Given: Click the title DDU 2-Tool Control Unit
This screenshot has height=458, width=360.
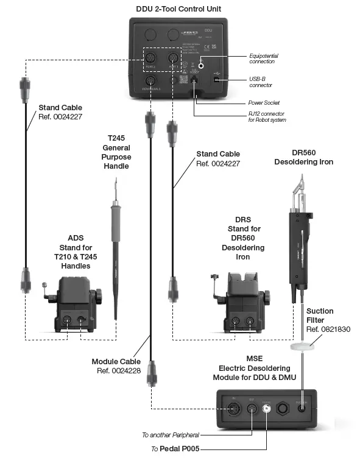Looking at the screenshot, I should (x=178, y=8).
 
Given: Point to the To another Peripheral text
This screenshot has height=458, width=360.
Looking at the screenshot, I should (x=170, y=435).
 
